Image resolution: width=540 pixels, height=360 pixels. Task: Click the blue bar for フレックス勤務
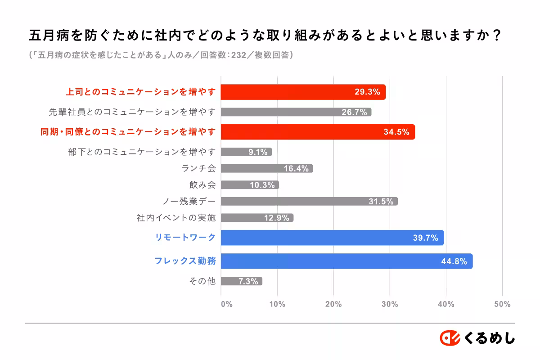pyautogui.click(x=346, y=261)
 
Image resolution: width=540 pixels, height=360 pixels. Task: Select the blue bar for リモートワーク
pyautogui.click(x=332, y=238)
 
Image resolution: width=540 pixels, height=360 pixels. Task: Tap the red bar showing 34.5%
pyautogui.click(x=318, y=132)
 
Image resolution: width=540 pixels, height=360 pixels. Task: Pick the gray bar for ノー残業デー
pyautogui.click(x=309, y=201)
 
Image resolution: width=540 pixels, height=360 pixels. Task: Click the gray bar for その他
pyautogui.click(x=241, y=281)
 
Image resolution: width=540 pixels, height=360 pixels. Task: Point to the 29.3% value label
pyautogui.click(x=367, y=92)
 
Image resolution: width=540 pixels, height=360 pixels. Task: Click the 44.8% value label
pyautogui.click(x=454, y=261)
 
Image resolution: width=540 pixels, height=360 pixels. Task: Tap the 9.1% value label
pyautogui.click(x=258, y=152)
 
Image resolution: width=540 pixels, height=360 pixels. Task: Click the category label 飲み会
pyautogui.click(x=202, y=185)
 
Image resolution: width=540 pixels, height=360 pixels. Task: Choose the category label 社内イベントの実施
pyautogui.click(x=176, y=218)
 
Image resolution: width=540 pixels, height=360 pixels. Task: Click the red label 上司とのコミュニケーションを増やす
pyautogui.click(x=141, y=92)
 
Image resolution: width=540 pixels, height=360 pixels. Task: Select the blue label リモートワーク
pyautogui.click(x=185, y=238)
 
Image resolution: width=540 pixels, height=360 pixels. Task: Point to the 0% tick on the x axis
pyautogui.click(x=227, y=304)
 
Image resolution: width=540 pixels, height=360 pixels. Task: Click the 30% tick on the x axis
pyautogui.click(x=390, y=304)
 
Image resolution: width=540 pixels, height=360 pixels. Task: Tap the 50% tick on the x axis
pyautogui.click(x=502, y=304)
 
